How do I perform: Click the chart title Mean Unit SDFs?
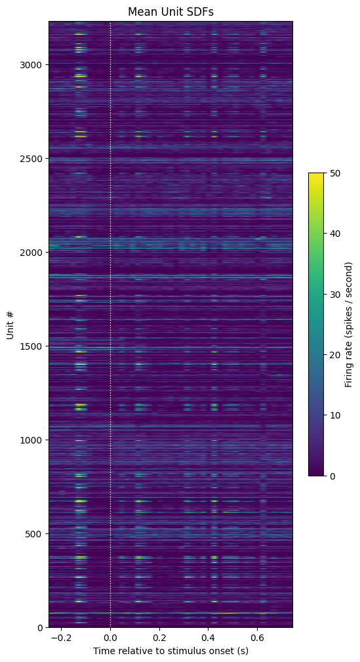pos(170,12)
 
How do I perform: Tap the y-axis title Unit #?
pos(10,324)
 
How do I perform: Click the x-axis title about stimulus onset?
pos(170,651)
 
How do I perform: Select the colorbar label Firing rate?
pos(348,324)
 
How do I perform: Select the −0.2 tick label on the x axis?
pos(61,637)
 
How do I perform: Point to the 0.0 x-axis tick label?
pos(111,637)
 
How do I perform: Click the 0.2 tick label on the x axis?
pos(159,637)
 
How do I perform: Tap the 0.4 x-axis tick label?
pos(208,637)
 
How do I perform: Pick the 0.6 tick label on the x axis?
pos(257,637)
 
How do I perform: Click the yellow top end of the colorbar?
pos(315,173)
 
